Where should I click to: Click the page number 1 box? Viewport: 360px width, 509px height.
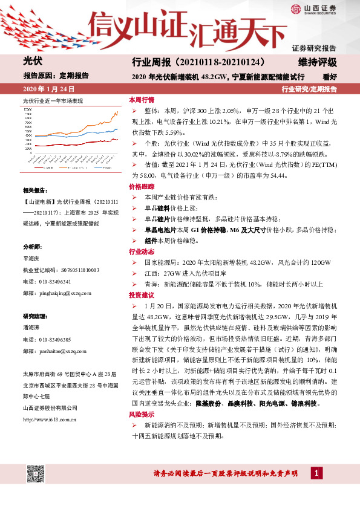click(316, 473)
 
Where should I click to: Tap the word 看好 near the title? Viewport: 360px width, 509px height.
click(329, 77)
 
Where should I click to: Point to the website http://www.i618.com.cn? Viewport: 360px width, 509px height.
click(49, 402)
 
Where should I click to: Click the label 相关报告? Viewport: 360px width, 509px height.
click(33, 190)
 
